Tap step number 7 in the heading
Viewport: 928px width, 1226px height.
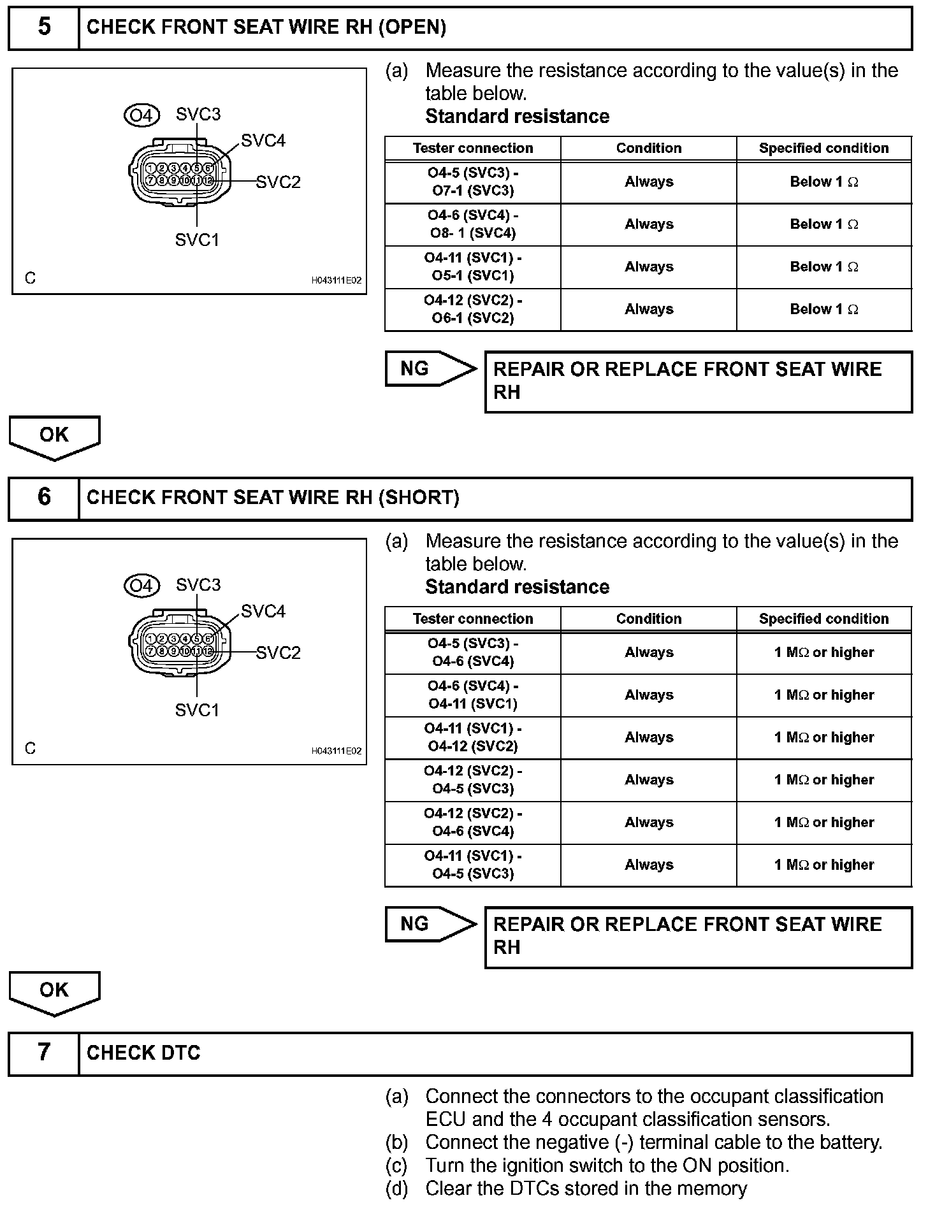(x=44, y=1052)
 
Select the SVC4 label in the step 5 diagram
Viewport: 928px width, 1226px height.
(x=263, y=141)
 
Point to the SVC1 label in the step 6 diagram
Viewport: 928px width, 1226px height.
(x=197, y=710)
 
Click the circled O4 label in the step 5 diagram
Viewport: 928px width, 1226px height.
(x=141, y=115)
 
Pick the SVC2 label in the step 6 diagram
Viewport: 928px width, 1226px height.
(x=278, y=653)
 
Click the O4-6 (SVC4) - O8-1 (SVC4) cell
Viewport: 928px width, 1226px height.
(x=472, y=224)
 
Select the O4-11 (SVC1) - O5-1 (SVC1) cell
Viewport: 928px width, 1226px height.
(x=472, y=267)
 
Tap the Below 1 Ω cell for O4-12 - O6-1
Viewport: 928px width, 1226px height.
(x=823, y=310)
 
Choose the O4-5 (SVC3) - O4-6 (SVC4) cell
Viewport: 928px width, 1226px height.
(x=472, y=653)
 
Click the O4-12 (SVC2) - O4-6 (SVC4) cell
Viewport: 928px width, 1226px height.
(x=472, y=823)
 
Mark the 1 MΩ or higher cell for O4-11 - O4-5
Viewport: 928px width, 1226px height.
(x=823, y=865)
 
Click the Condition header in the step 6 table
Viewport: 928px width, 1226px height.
(x=648, y=619)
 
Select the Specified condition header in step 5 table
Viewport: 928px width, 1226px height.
(x=823, y=148)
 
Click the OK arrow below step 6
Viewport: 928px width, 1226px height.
(x=54, y=992)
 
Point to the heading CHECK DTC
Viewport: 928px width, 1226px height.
(x=143, y=1053)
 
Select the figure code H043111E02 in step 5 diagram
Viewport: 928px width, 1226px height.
(x=336, y=280)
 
